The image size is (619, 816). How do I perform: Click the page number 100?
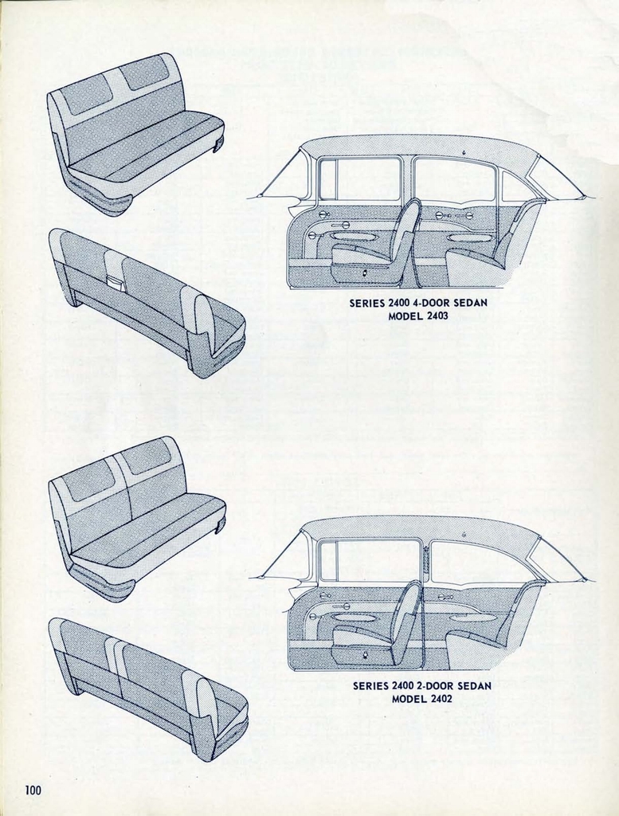coord(32,790)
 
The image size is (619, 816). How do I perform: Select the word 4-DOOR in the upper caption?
coord(434,304)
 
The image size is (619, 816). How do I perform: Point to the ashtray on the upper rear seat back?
coord(116,282)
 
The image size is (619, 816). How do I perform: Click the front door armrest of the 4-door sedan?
coord(353,237)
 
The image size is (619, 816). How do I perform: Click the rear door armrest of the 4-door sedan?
coord(468,237)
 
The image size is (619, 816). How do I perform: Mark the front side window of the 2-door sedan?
coord(369,560)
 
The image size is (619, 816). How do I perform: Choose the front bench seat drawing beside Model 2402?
coord(135,518)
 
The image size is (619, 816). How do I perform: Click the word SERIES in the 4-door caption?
coord(367,304)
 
